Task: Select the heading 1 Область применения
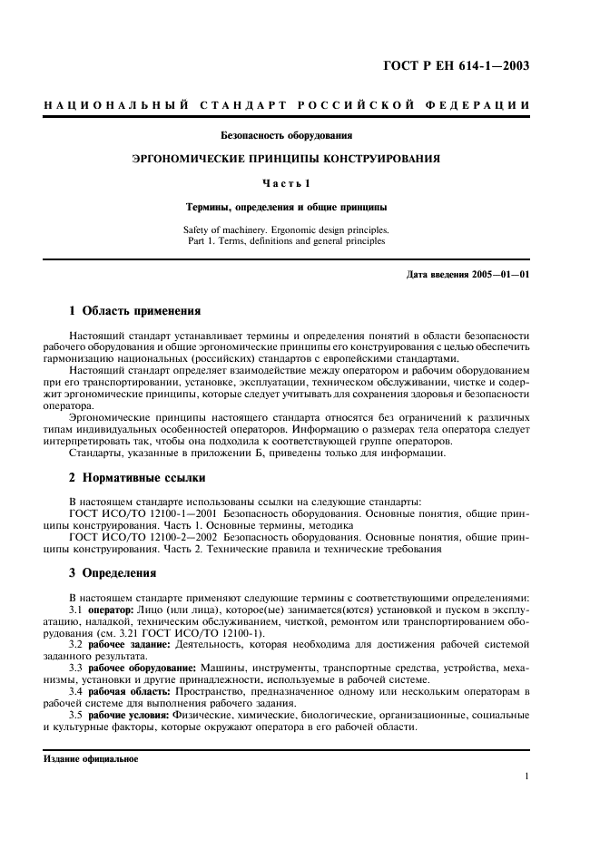(135, 311)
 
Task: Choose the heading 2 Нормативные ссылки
(137, 477)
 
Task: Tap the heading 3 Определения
(113, 572)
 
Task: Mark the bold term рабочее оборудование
(136, 668)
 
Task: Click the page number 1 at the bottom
(527, 776)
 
